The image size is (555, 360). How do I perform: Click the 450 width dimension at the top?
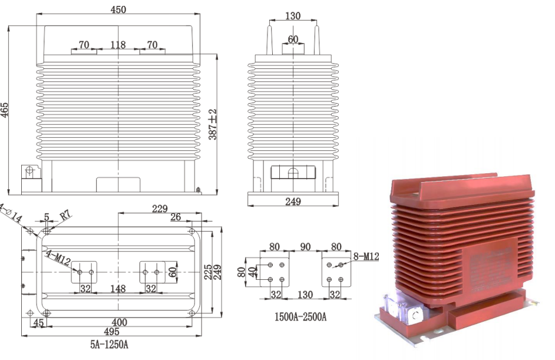tap(118, 9)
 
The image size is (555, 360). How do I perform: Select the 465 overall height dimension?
tap(5, 110)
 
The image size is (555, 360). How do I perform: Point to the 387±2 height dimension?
tap(213, 124)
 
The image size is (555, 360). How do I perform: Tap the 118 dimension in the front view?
tap(118, 45)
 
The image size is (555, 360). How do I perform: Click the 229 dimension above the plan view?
tap(159, 209)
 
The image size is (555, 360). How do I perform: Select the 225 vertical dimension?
tap(208, 272)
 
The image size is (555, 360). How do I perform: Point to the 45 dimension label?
tap(39, 323)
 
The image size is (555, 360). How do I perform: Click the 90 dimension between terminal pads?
tap(305, 246)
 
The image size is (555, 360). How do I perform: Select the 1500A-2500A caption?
tap(301, 317)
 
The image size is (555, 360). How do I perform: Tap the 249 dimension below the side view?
tap(293, 202)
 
